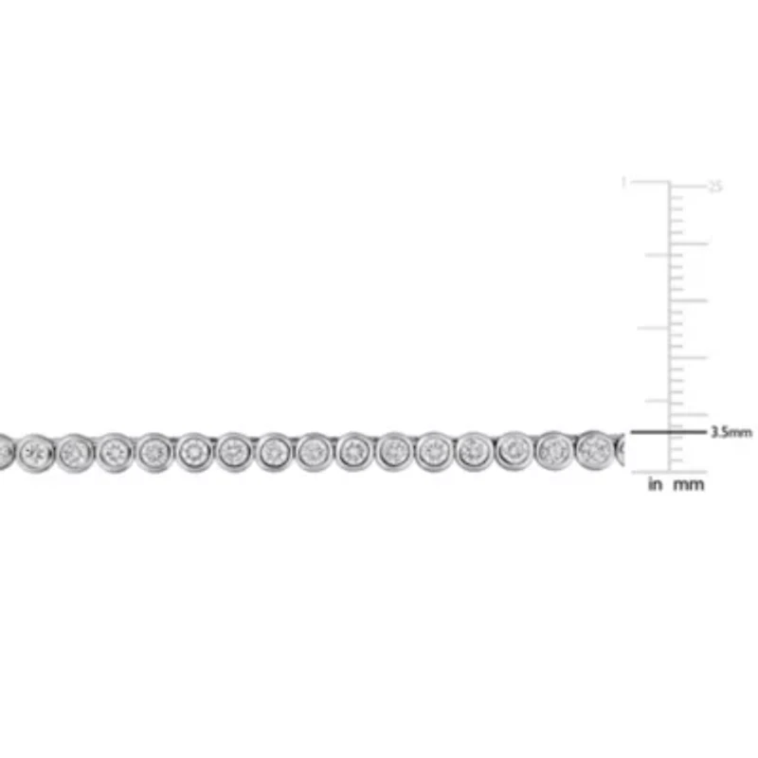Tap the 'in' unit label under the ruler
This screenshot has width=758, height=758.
pos(654,484)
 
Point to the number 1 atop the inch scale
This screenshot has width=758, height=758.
pos(623,182)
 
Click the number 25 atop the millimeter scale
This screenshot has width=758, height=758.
pos(716,187)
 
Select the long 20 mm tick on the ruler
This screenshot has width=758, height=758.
pos(690,243)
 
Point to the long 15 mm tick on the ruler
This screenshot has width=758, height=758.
pos(690,300)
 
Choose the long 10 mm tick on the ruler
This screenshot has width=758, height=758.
pos(690,357)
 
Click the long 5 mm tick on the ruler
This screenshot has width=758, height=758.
pos(690,415)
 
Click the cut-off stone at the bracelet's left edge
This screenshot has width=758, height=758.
pos(5,452)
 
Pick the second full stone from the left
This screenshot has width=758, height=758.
pos(75,453)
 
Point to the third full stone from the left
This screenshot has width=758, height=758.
pos(115,453)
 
